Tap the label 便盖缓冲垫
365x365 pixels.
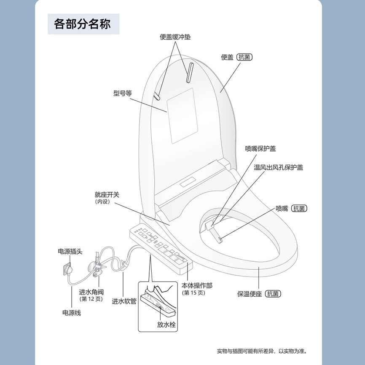point(175,37)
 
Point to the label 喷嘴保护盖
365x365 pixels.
point(260,148)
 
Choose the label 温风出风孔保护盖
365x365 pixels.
point(278,167)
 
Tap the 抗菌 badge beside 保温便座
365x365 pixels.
point(273,294)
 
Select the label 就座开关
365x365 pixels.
point(107,195)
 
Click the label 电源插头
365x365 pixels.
point(70,252)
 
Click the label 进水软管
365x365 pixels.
point(124,301)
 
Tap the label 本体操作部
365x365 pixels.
point(197,285)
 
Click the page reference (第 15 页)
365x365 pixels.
point(193,293)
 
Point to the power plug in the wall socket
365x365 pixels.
point(68,268)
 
